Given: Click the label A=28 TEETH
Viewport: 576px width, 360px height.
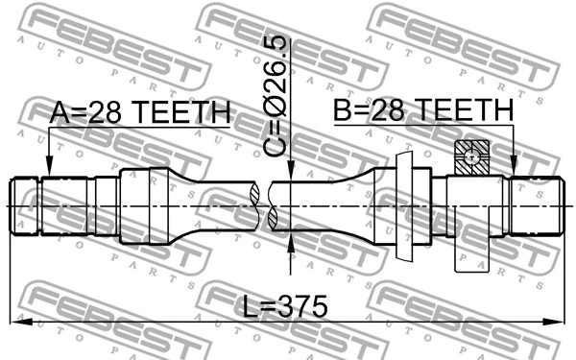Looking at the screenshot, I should pos(139,113).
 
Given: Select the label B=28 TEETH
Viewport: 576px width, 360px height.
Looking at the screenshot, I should pos(423,112).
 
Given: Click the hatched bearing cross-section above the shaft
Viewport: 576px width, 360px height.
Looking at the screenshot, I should pos(472,156).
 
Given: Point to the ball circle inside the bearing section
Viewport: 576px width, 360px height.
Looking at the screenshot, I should pos(472,156).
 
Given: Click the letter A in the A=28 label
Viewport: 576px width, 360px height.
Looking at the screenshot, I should pos(60,113).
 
